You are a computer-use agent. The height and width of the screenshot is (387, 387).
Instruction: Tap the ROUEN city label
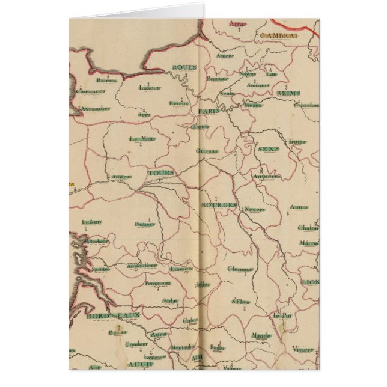coord(184,68)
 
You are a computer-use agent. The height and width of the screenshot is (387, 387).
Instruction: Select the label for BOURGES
coord(218,205)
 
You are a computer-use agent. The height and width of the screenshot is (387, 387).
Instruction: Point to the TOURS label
coord(160,173)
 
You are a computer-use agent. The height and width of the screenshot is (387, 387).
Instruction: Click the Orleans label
coord(207,151)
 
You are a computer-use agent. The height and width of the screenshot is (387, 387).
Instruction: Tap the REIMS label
coord(288,94)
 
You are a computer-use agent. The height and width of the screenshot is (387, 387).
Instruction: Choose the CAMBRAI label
coord(279,35)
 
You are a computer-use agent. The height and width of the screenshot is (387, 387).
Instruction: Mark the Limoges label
coord(181,269)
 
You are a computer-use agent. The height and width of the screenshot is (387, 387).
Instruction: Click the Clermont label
coord(240,269)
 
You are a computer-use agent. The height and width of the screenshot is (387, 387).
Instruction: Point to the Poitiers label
coord(145,224)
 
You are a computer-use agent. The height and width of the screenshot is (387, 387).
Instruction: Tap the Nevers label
coord(255,210)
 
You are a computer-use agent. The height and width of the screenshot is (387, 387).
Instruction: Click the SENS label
coord(265,149)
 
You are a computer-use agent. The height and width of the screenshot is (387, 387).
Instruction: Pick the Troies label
coord(297,142)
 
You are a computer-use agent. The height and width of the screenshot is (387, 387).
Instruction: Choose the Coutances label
coord(90,91)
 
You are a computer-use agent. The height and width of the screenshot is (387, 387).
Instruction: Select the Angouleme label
coord(142,266)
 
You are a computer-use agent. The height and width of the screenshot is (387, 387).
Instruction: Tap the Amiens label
coord(225,56)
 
